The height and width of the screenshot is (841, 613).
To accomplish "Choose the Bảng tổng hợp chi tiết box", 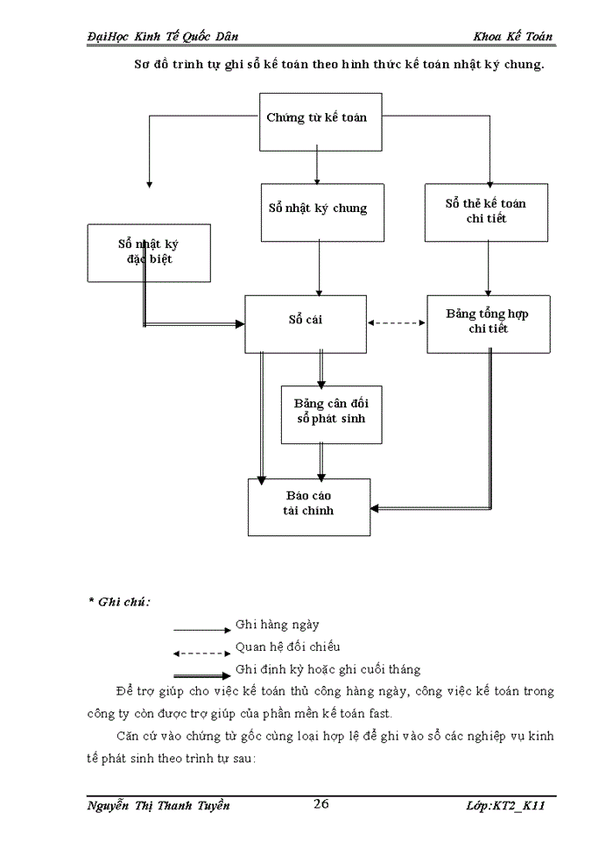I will click(488, 323).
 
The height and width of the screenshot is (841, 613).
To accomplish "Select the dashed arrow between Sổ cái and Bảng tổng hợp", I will click(396, 322).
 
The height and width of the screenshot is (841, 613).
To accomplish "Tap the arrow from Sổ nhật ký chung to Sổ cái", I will click(319, 267).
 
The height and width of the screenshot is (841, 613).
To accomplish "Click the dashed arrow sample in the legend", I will click(201, 653).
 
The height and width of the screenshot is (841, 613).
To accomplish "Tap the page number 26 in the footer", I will click(321, 804).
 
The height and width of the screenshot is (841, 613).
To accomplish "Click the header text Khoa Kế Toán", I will click(512, 36).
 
